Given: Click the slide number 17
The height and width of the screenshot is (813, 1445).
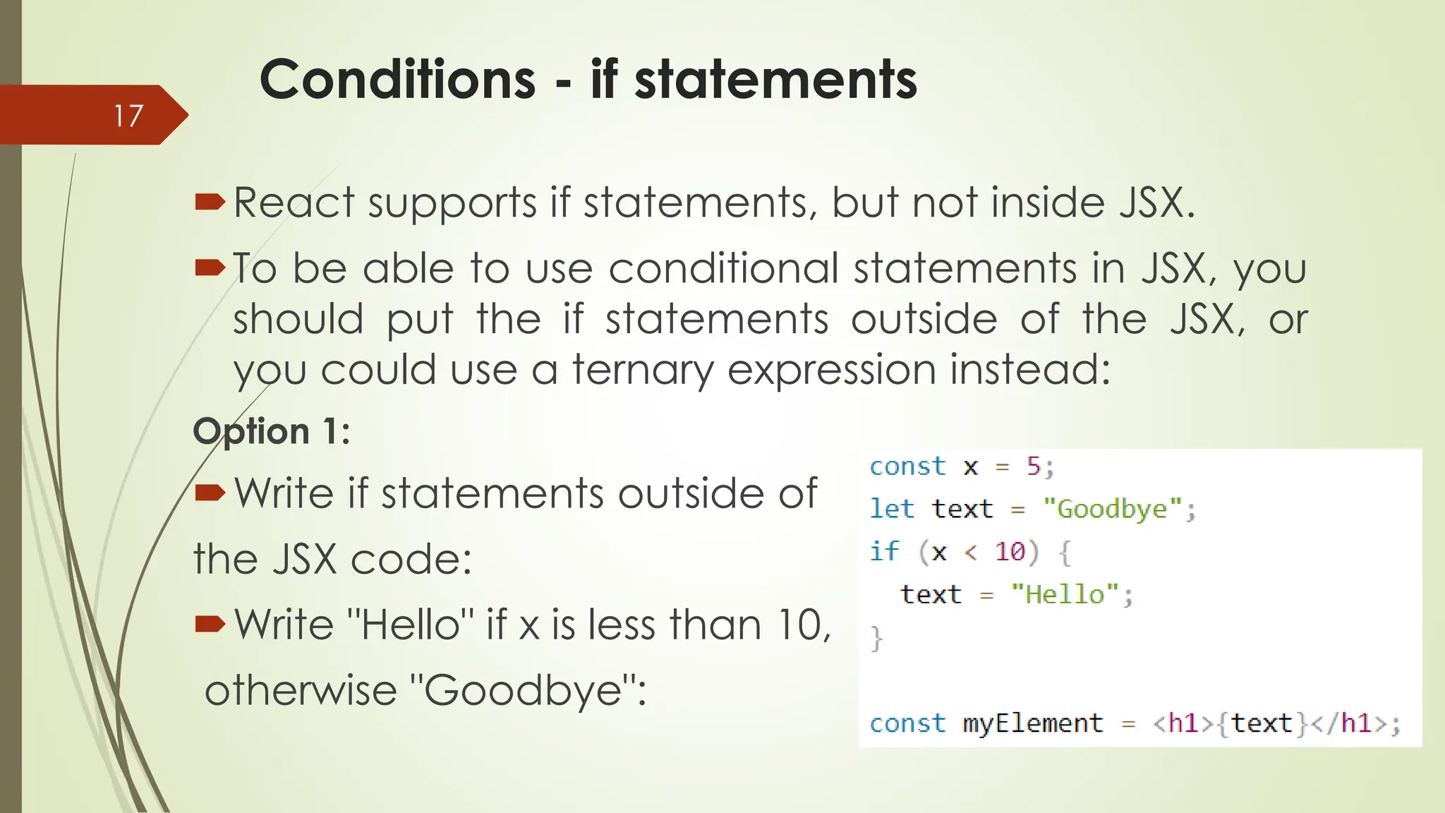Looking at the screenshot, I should click(128, 116).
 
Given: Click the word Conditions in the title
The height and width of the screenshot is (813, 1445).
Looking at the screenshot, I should click(397, 79).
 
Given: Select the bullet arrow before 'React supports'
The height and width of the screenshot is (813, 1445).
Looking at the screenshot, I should click(210, 203).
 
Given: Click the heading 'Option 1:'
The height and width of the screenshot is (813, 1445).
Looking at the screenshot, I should click(272, 431).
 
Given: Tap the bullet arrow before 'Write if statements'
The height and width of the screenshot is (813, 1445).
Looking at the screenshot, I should click(210, 492).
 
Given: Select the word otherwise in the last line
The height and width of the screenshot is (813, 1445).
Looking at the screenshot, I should click(301, 690).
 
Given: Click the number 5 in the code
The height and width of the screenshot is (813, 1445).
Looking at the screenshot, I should click(1033, 466).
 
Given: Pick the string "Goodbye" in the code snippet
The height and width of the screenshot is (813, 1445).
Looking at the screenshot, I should click(1112, 509).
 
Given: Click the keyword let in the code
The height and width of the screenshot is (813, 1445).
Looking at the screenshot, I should click(891, 509).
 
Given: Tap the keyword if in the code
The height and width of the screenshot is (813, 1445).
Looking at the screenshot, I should click(883, 551).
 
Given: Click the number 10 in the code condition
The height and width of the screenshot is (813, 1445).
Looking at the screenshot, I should click(1009, 551).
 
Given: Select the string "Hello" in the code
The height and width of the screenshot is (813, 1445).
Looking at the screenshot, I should click(1065, 594).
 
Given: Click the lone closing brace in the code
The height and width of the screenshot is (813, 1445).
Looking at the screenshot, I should click(876, 638).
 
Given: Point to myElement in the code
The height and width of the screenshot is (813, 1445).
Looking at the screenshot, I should click(1032, 723).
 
